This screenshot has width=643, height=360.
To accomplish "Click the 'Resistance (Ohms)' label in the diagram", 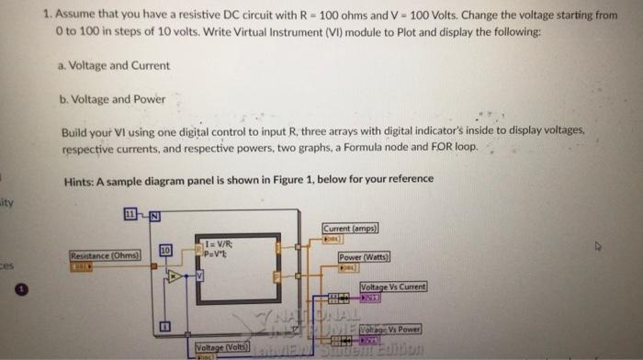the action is [x=104, y=255].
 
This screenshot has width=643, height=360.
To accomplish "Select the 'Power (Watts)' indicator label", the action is [x=363, y=257].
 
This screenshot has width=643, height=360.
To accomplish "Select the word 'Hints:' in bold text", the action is [x=80, y=179].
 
